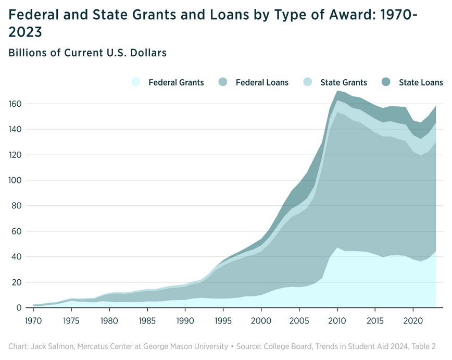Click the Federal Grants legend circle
[x=136, y=82]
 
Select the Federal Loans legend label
[x=262, y=82]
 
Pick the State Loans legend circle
[x=387, y=82]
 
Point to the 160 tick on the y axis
[x=15, y=104]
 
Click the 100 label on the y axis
[x=15, y=180]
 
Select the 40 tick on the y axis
[x=18, y=257]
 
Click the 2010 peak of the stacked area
[x=337, y=91]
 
